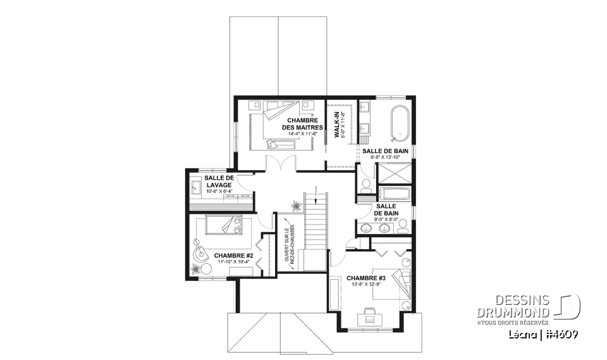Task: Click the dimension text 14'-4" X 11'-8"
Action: coord(300,134)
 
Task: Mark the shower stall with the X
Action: coord(393,173)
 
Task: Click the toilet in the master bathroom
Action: coord(364,185)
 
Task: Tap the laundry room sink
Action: coord(195,187)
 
